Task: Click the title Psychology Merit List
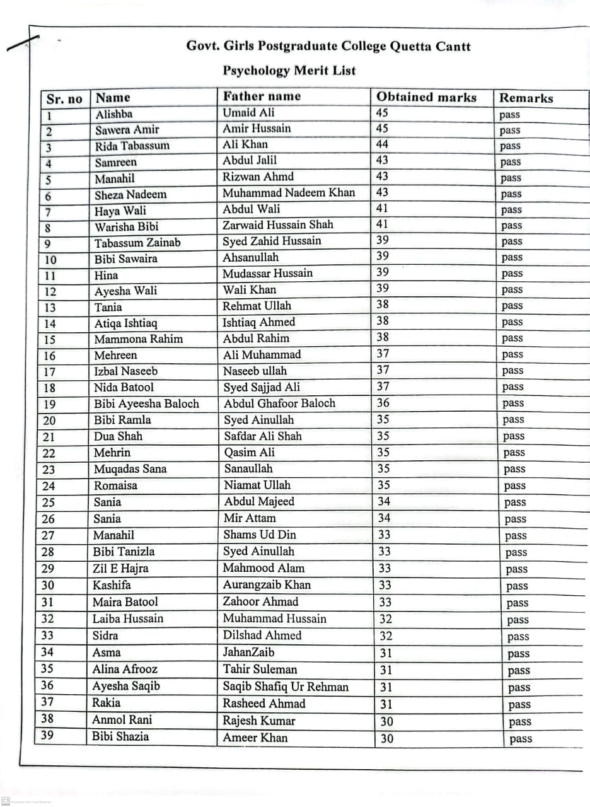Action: (x=289, y=71)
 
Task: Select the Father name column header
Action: (x=262, y=96)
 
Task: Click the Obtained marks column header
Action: (x=426, y=97)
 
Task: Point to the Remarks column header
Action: (x=526, y=98)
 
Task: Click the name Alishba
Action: (x=114, y=114)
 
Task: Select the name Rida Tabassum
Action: (x=132, y=146)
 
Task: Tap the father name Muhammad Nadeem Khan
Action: (x=289, y=193)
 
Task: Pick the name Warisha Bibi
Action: (x=127, y=226)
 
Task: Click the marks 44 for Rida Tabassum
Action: (x=382, y=144)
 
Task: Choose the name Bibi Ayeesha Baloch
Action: (x=146, y=403)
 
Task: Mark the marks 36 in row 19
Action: (x=383, y=403)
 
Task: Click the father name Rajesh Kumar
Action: (x=259, y=721)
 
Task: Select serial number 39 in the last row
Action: (x=47, y=735)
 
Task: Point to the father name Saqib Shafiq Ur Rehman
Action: (x=286, y=687)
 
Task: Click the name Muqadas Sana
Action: (x=130, y=469)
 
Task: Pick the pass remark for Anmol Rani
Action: (x=520, y=722)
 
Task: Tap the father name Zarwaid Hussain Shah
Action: (x=278, y=225)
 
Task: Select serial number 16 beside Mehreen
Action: (x=49, y=356)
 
